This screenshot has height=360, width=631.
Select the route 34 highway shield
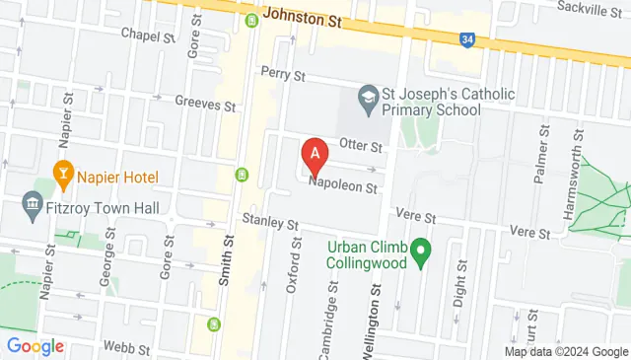466,39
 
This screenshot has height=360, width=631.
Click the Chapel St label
147,34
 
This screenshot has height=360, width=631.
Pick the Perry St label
284,74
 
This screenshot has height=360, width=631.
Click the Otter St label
360,146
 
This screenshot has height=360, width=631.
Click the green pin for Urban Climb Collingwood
421,252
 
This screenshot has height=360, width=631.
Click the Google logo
35,346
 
